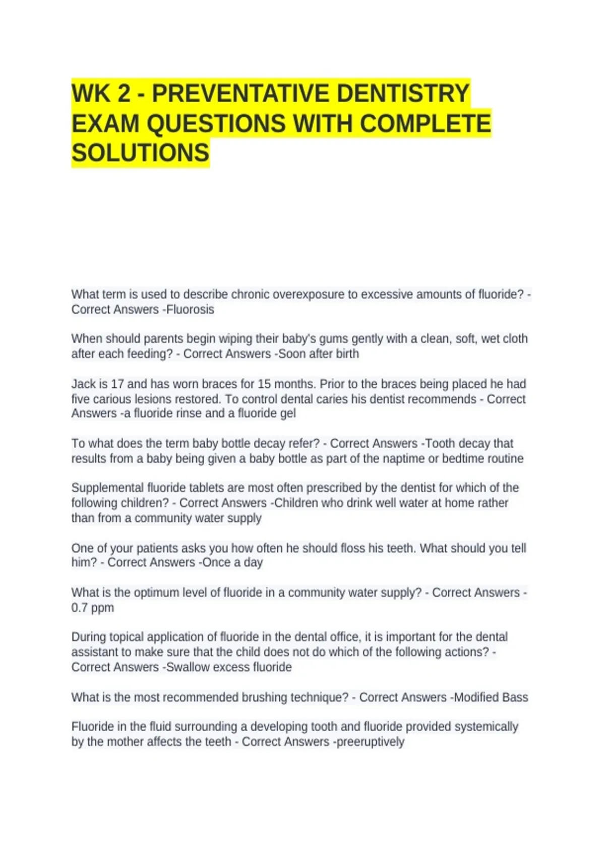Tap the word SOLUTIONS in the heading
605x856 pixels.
tap(140, 153)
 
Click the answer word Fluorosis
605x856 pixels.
tap(190, 310)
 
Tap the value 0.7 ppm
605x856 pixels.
tap(93, 608)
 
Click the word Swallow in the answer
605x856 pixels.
tap(187, 667)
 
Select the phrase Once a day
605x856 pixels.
tap(232, 562)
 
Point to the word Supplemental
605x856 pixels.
tap(107, 488)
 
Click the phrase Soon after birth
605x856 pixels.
tap(319, 354)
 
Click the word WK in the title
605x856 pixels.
tap(89, 94)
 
